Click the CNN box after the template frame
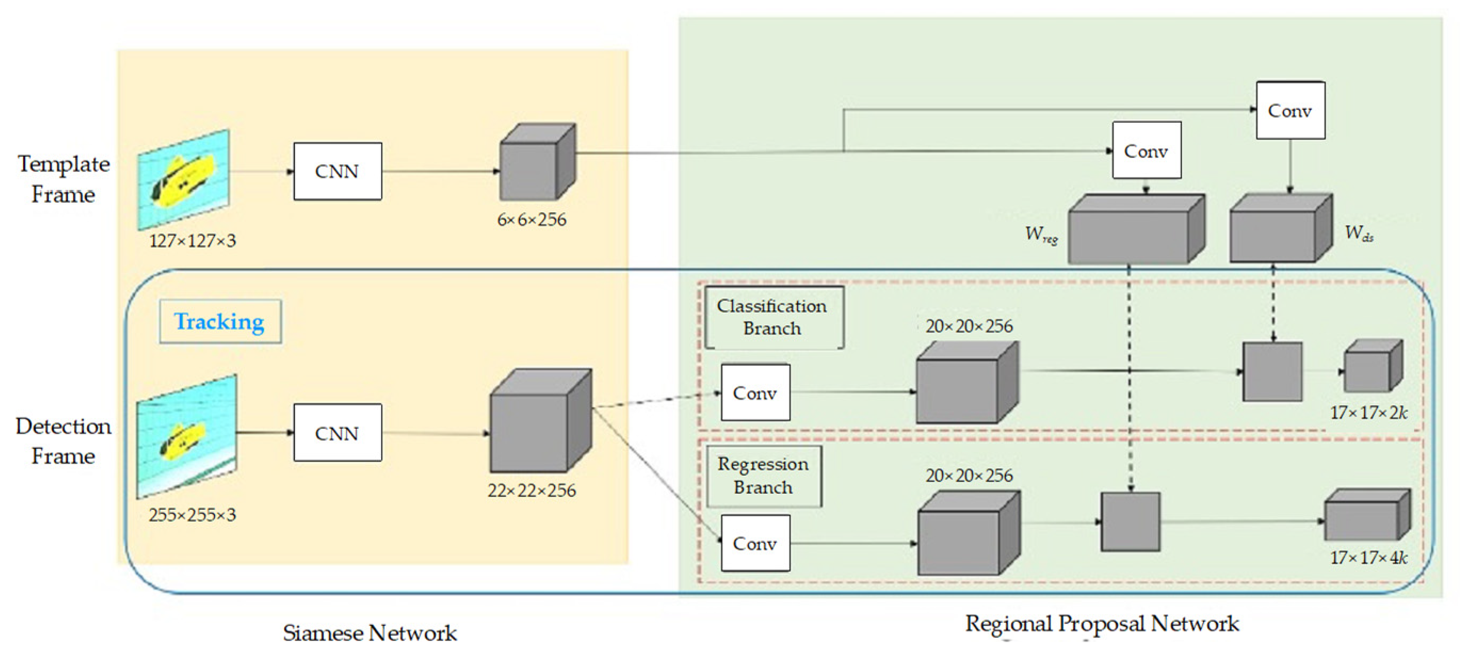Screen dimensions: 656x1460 [337, 171]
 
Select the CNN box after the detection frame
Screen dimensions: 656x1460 [337, 433]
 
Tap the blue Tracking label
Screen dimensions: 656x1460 [220, 321]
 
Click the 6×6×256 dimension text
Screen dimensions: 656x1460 [532, 219]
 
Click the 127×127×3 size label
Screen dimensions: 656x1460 [192, 241]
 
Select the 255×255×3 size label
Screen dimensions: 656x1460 [192, 515]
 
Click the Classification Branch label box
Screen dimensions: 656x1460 [773, 317]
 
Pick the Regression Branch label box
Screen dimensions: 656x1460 [763, 476]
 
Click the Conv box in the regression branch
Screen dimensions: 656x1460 [755, 543]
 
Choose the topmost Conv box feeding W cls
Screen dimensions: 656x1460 [1290, 111]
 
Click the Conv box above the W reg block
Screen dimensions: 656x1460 [1146, 151]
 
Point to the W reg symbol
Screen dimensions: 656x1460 [1041, 234]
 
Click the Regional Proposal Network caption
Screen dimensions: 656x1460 [1102, 624]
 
